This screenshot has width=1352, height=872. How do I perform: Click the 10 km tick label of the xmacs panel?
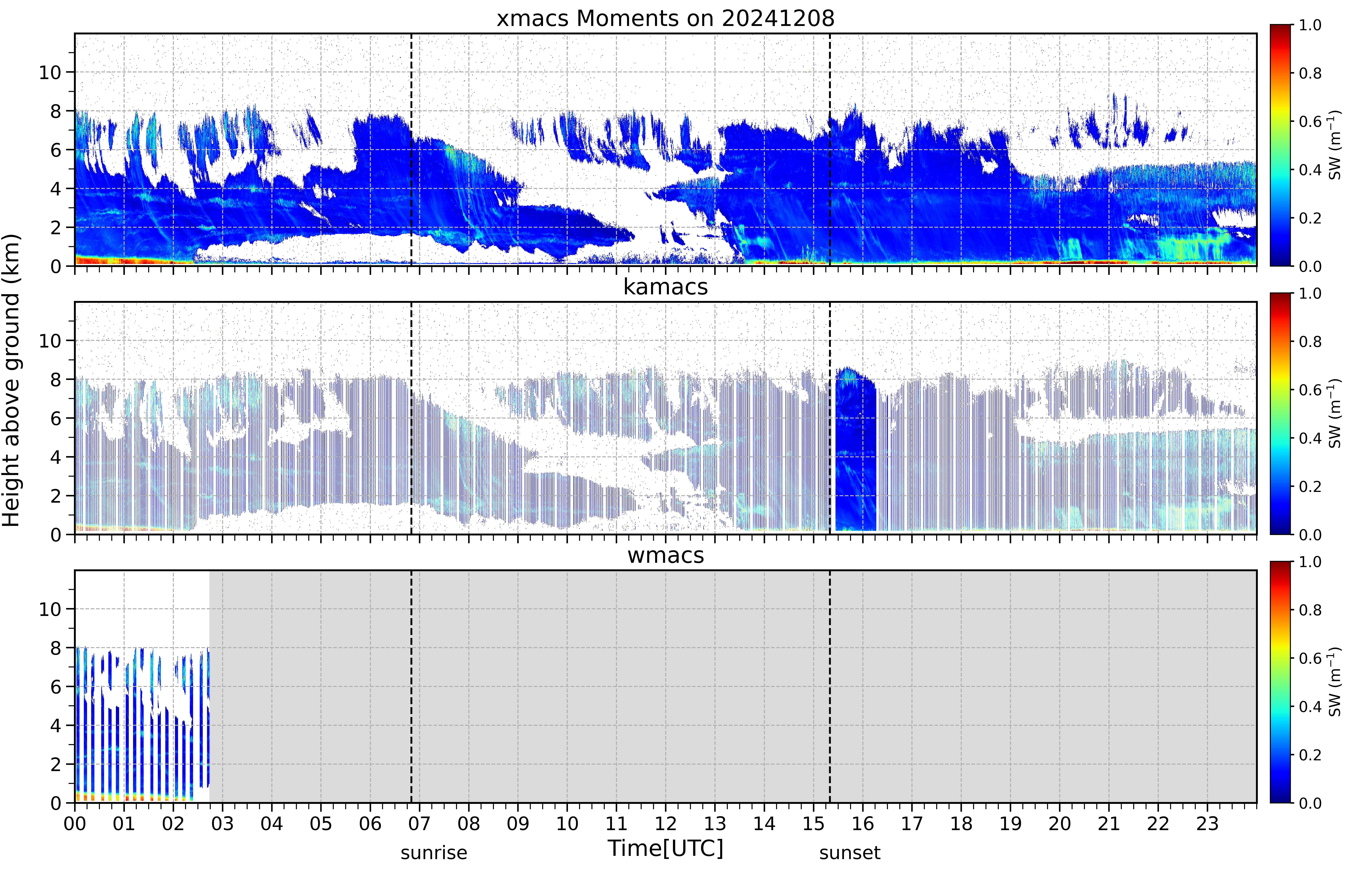(50, 72)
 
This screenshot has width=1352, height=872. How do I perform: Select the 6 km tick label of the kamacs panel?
(56, 418)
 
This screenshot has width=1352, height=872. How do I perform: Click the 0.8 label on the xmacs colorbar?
(1310, 73)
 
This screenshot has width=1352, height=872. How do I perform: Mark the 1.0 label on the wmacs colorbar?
(1310, 562)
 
